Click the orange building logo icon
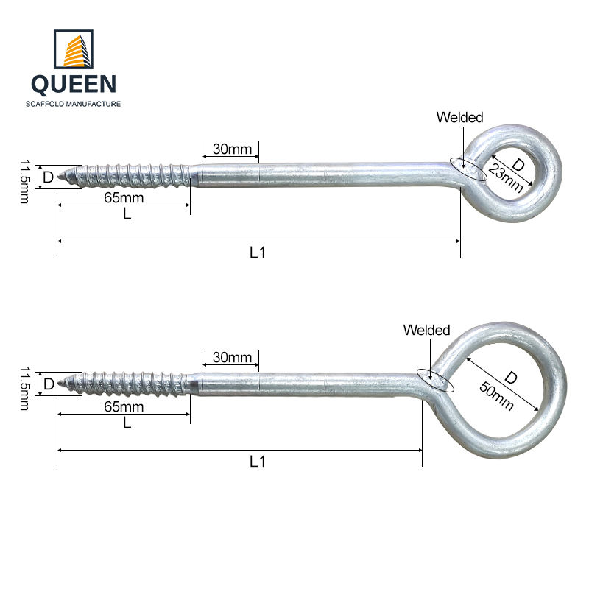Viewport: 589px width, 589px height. point(74,49)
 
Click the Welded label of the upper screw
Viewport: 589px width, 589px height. point(459,117)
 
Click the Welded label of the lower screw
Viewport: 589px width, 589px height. point(426,331)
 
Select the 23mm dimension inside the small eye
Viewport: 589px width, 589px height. point(506,177)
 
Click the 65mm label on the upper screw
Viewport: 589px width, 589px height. point(124,198)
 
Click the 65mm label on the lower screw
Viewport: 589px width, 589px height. point(124,407)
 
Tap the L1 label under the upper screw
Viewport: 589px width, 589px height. point(257,253)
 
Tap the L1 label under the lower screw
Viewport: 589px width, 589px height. point(257,462)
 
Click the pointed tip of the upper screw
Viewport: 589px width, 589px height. point(61,177)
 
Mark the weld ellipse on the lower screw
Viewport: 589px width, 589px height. point(434,380)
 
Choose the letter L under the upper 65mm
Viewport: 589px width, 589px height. point(127,214)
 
